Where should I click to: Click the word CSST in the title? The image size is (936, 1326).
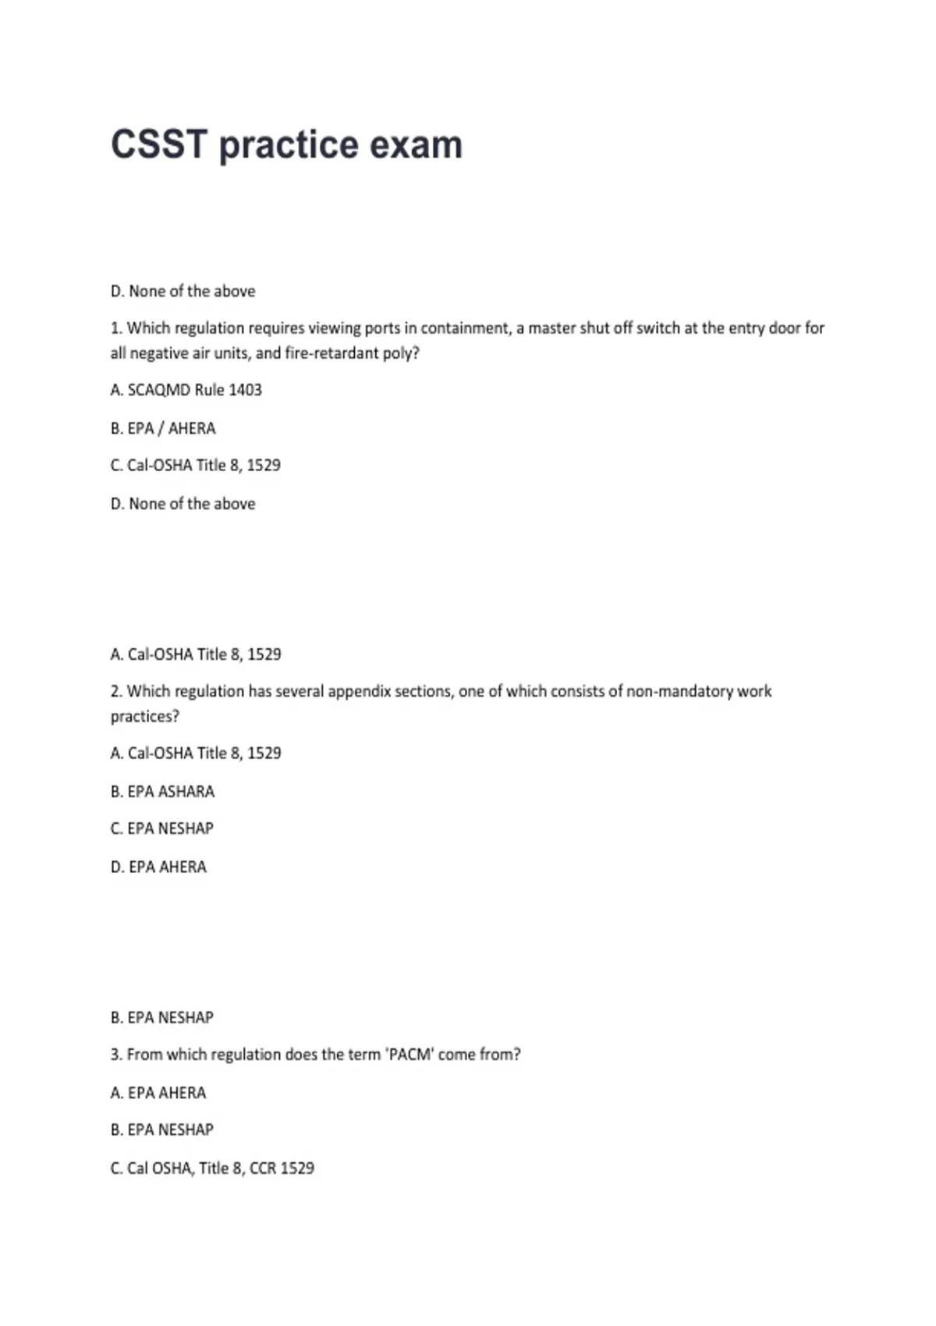pyautogui.click(x=159, y=145)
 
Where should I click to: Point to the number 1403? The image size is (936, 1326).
pyautogui.click(x=245, y=390)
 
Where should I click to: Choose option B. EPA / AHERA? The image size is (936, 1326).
pyautogui.click(x=163, y=428)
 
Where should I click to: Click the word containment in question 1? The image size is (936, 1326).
pyautogui.click(x=464, y=328)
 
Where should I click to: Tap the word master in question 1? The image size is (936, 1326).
pyautogui.click(x=551, y=328)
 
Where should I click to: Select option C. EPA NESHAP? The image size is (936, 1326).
pyautogui.click(x=161, y=828)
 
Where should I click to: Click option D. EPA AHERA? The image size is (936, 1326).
pyautogui.click(x=158, y=867)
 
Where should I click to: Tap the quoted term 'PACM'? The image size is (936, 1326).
pyautogui.click(x=409, y=1055)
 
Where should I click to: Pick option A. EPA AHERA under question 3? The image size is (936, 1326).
pyautogui.click(x=158, y=1093)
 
